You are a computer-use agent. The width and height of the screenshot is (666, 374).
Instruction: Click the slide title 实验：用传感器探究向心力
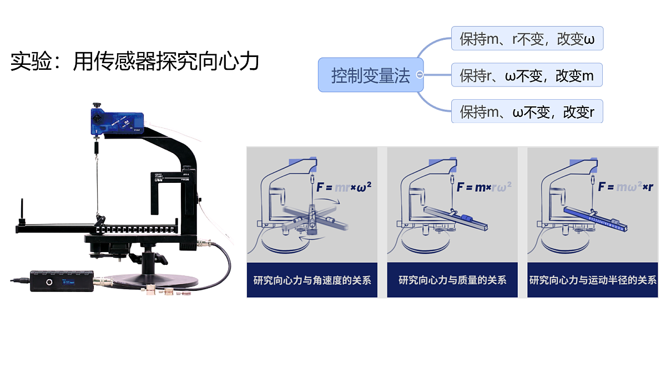[135, 62]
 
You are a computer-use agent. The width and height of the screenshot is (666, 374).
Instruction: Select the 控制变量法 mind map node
[370, 75]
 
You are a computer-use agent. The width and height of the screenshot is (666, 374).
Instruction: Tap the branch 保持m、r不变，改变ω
[527, 39]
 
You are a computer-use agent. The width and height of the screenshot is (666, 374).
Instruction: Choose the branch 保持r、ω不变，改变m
[527, 75]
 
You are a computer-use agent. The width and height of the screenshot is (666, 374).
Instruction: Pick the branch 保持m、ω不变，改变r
[527, 112]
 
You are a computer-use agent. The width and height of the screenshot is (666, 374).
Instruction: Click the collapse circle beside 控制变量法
[420, 75]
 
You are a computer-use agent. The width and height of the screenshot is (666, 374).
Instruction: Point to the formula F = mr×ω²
[344, 187]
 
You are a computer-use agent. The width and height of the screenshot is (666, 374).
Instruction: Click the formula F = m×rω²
[484, 187]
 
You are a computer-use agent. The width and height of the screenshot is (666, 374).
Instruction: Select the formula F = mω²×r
[625, 187]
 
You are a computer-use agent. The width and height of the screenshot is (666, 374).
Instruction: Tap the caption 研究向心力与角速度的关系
[312, 280]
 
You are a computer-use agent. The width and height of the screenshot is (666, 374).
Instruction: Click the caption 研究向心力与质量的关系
[452, 280]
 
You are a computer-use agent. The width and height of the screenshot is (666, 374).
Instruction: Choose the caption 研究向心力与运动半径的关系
[592, 280]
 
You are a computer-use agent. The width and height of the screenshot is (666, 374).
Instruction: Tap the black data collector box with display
[61, 281]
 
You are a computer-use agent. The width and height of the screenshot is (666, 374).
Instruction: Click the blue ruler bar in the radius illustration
[594, 219]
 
